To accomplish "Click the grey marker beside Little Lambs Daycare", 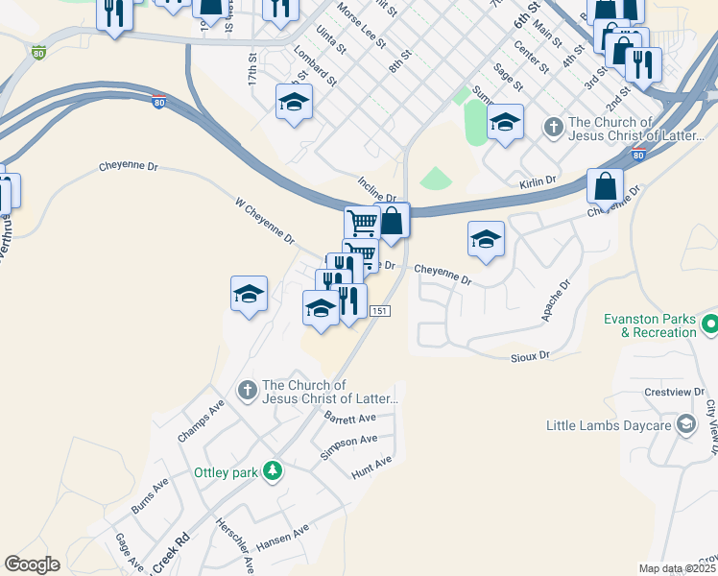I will pos(685,423).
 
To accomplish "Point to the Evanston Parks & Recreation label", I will pos(650,325).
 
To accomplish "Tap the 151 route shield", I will pos(380,311).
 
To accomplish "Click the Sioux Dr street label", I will pos(530,355).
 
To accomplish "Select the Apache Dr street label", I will pos(556,300).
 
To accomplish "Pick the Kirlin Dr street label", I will pos(538,180).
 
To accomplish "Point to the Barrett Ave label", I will pos(350,419).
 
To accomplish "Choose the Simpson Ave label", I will pos(348,446).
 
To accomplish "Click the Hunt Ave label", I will pos(371,468).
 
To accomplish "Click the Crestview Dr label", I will pos(675,393).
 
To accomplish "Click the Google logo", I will pos(32,564).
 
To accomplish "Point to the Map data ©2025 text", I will pos(676,568).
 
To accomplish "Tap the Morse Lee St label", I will pos(362,27).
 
